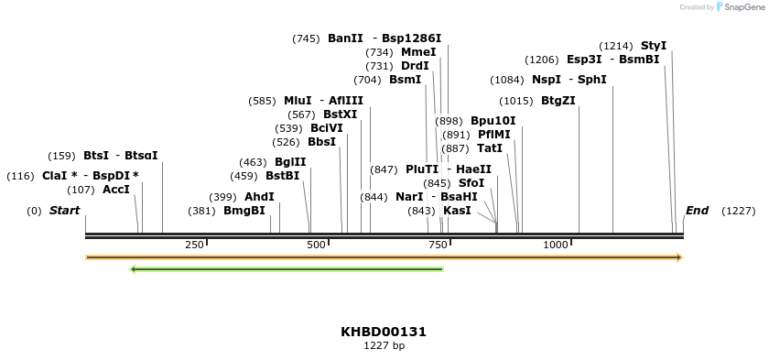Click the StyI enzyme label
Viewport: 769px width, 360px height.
click(x=654, y=46)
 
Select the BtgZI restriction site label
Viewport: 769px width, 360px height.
click(x=558, y=101)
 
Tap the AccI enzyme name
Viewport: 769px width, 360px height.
click(x=116, y=190)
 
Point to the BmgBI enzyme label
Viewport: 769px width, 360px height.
click(x=244, y=211)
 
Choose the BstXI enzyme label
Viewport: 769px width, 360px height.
click(x=341, y=115)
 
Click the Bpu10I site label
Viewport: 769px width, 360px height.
click(x=493, y=121)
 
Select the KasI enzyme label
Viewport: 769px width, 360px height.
click(x=457, y=211)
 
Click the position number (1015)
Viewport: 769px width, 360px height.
click(x=516, y=101)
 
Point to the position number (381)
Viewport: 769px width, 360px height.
click(x=201, y=211)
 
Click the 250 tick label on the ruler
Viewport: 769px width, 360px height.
click(x=194, y=245)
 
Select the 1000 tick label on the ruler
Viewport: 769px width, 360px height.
click(x=556, y=245)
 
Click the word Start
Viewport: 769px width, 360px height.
click(x=64, y=211)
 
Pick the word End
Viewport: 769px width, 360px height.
click(x=697, y=211)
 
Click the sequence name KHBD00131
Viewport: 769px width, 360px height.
click(x=384, y=332)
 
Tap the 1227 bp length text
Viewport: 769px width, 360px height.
click(x=384, y=345)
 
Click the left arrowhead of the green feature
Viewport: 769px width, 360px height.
click(x=134, y=269)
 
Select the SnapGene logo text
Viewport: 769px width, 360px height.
click(x=742, y=7)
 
